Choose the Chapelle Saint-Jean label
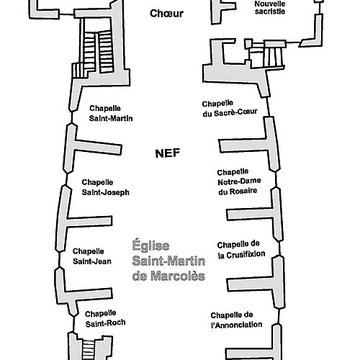tap(87, 256)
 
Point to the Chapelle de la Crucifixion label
tap(239, 249)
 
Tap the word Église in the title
tap(150, 245)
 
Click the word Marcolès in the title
tap(167, 275)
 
